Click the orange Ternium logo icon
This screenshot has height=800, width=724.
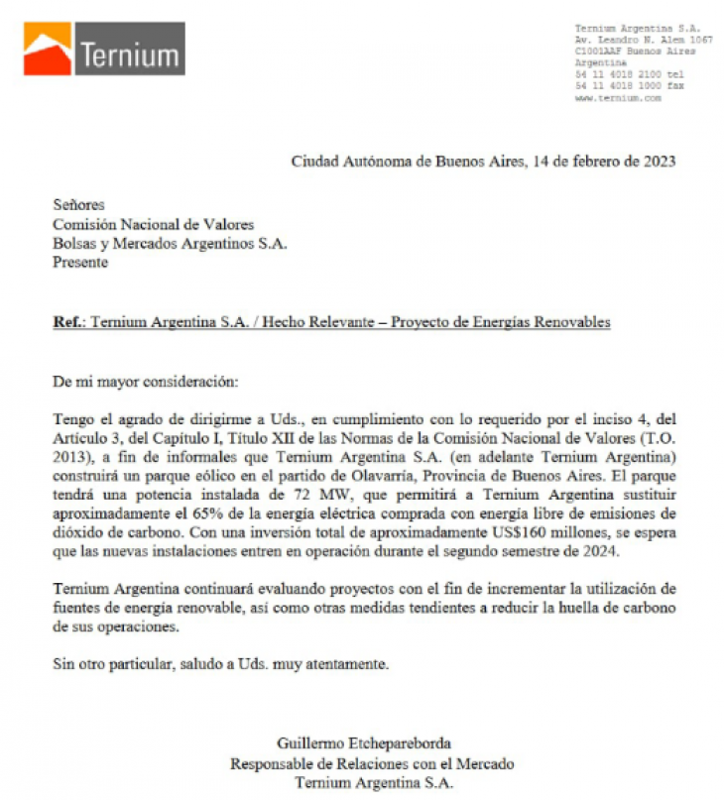(x=47, y=49)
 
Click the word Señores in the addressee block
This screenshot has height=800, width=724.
(x=78, y=205)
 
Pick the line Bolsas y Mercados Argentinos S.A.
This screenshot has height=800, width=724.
(x=170, y=244)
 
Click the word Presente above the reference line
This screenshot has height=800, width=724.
(x=80, y=263)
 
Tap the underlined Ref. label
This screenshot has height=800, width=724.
(x=68, y=322)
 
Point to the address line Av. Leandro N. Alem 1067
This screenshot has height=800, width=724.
(x=643, y=40)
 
